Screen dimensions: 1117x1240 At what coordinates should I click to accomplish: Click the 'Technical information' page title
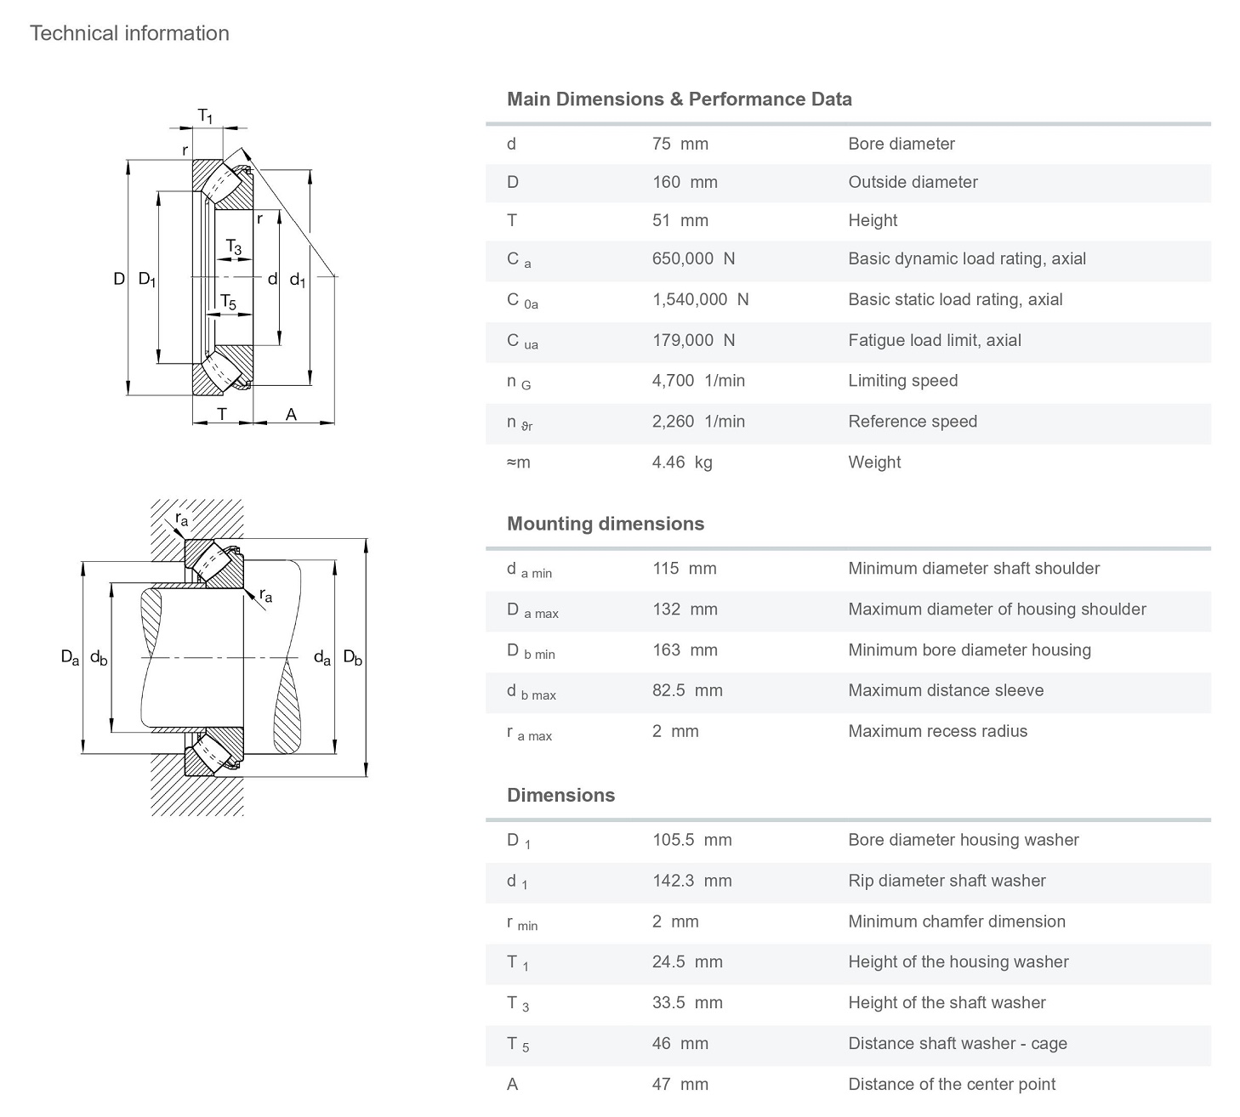coord(129,33)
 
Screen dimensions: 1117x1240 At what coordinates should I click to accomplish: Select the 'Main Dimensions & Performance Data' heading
coord(679,99)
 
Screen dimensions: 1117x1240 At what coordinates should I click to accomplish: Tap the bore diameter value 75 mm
coord(680,144)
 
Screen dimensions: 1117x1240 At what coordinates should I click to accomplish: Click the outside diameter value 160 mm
coord(684,182)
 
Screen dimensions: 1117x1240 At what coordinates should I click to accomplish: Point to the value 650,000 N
coord(693,258)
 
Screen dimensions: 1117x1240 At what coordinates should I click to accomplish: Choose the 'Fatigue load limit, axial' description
coord(934,340)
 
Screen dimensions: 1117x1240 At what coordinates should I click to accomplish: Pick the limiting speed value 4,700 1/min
coord(698,381)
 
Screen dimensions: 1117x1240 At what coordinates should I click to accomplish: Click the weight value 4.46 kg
coord(682,462)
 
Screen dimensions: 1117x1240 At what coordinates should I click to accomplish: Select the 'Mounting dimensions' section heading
coord(605,524)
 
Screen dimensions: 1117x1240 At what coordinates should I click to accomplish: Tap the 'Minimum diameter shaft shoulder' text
coord(973,568)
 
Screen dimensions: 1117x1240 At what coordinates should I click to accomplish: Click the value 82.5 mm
coord(687,690)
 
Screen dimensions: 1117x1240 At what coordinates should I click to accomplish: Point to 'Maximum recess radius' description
coord(937,731)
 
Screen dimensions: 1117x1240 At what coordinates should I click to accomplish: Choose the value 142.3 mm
coord(691,881)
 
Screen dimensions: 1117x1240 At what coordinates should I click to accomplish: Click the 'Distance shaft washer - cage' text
coord(957,1043)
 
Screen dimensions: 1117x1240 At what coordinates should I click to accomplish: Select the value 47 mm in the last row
coord(680,1084)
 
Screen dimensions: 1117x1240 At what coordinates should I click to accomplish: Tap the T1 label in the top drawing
coord(205,116)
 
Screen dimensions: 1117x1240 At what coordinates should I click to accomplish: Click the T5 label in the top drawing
coord(228,302)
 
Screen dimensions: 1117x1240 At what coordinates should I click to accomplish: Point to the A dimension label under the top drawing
coord(291,415)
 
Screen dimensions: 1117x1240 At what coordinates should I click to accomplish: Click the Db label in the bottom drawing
coord(352,657)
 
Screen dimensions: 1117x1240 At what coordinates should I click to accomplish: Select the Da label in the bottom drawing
coord(70,657)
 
